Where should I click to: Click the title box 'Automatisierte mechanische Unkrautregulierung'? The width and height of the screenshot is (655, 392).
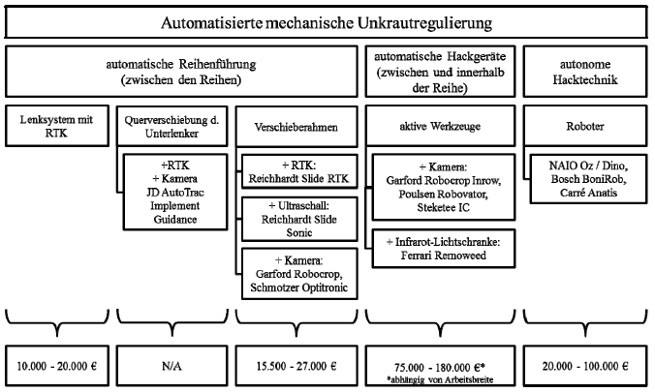pos(327,22)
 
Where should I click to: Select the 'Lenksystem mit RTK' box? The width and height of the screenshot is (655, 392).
pos(57,126)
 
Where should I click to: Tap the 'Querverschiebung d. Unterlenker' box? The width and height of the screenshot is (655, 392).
pos(172,126)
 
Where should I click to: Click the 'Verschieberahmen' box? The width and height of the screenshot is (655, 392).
pos(296,127)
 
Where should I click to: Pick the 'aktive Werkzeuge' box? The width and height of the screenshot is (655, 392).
pos(440,126)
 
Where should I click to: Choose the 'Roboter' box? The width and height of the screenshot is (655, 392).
pos(585,126)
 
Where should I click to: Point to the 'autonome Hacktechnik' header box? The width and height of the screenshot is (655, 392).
pos(585,72)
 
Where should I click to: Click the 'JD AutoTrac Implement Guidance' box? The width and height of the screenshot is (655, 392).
pos(175,192)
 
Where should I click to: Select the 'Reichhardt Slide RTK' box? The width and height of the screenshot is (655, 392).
pos(299,171)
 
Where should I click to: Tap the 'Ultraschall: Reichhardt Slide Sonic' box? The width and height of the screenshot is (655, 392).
pos(299,219)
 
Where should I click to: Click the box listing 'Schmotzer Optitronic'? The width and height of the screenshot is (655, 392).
pos(299,274)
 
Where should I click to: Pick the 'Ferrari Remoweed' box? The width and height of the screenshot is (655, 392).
pos(444,249)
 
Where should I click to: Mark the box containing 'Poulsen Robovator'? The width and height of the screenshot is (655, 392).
pos(444,187)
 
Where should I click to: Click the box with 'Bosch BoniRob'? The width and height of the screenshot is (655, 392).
pos(588,179)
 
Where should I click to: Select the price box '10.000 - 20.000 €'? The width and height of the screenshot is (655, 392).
pos(57,366)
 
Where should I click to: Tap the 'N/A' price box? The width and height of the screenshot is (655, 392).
pos(172,366)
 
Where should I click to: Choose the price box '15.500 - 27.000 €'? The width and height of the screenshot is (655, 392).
pos(296,366)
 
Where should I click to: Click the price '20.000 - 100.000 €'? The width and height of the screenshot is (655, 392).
pos(585,366)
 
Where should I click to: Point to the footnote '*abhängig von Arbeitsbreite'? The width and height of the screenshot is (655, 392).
pos(440,379)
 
